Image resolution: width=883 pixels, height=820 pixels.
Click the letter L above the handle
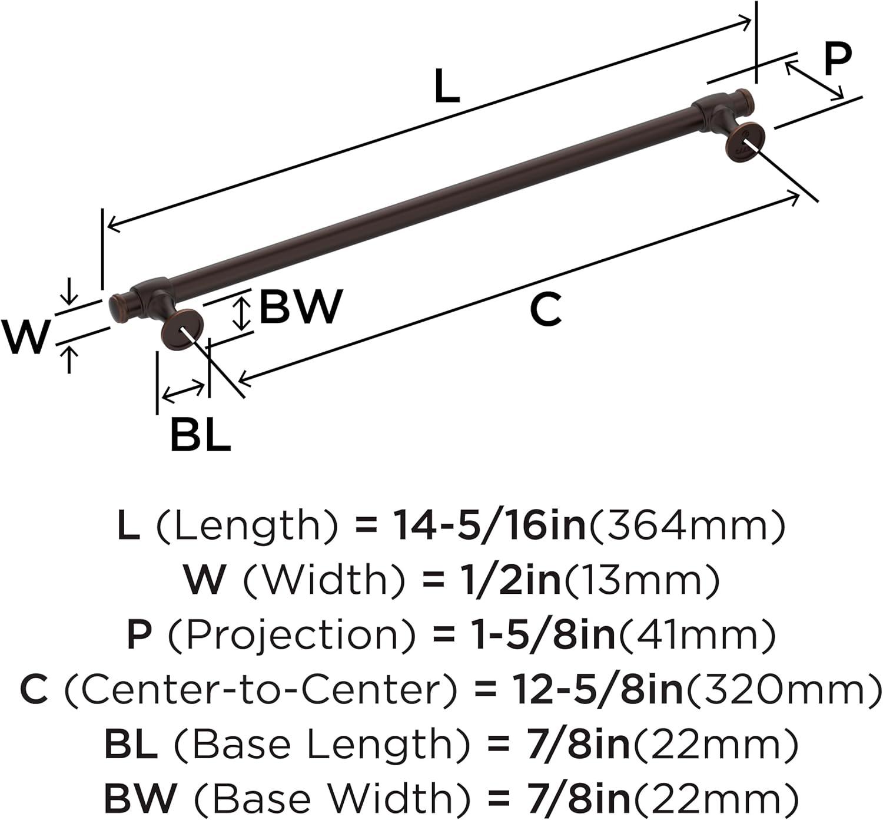point(446,87)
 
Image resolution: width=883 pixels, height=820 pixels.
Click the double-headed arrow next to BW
point(241,313)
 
